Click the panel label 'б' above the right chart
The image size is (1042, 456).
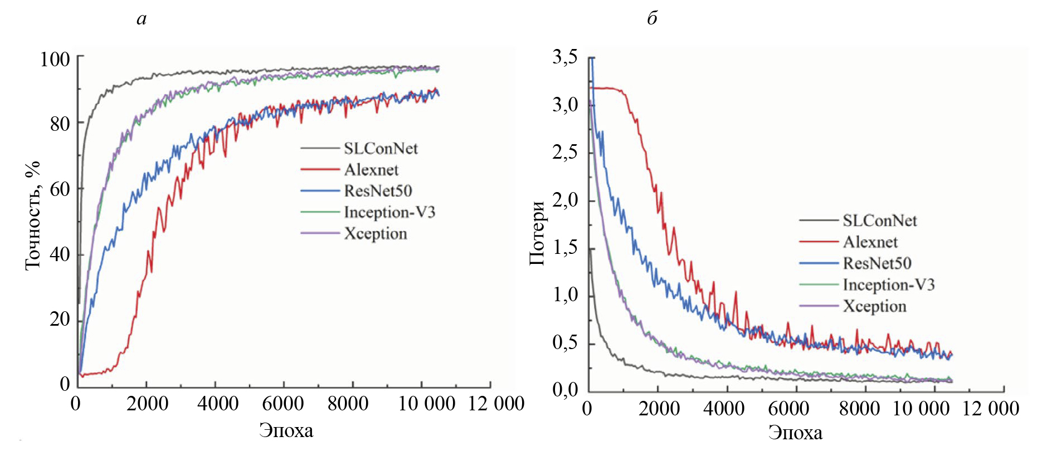click(652, 18)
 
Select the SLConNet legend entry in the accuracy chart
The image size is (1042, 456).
click(381, 149)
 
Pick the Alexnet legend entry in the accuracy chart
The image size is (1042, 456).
click(371, 170)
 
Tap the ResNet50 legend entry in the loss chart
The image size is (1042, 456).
click(877, 263)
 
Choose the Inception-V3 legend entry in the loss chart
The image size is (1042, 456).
click(888, 285)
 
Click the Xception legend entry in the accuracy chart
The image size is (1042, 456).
click(375, 234)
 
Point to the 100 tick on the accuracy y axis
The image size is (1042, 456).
click(55, 59)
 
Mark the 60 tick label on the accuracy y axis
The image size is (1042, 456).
click(60, 189)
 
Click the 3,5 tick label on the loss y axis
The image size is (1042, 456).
click(565, 57)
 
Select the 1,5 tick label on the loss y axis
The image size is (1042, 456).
click(565, 247)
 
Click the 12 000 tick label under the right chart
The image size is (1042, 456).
click(990, 409)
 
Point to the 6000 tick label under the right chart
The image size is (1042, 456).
click(788, 409)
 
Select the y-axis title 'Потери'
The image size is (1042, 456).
click(537, 233)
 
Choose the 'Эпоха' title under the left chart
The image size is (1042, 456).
click(286, 430)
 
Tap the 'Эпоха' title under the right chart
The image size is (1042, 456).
click(795, 433)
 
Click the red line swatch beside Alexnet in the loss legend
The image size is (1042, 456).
click(818, 242)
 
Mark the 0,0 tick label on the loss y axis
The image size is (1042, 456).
click(565, 390)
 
